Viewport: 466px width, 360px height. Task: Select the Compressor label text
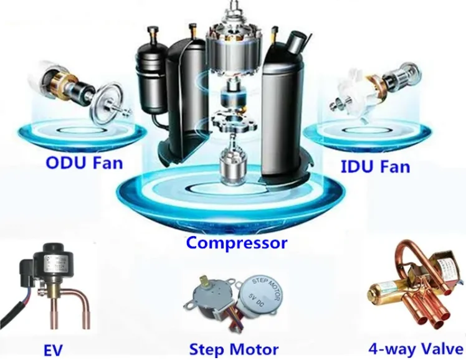(x=236, y=242)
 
